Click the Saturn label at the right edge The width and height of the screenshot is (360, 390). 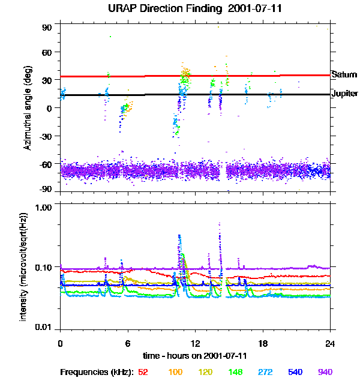point(344,74)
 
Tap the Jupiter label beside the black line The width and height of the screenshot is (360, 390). point(344,94)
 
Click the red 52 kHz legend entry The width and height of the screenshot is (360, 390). point(143,372)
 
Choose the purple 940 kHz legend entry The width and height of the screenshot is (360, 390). point(325,372)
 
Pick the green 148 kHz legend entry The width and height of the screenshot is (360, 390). point(235,372)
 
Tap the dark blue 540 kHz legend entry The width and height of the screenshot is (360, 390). point(295,372)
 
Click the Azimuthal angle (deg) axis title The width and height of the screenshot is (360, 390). point(28,109)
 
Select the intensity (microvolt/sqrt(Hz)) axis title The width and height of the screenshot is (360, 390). point(24,266)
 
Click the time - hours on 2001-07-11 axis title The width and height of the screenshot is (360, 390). point(195,356)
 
